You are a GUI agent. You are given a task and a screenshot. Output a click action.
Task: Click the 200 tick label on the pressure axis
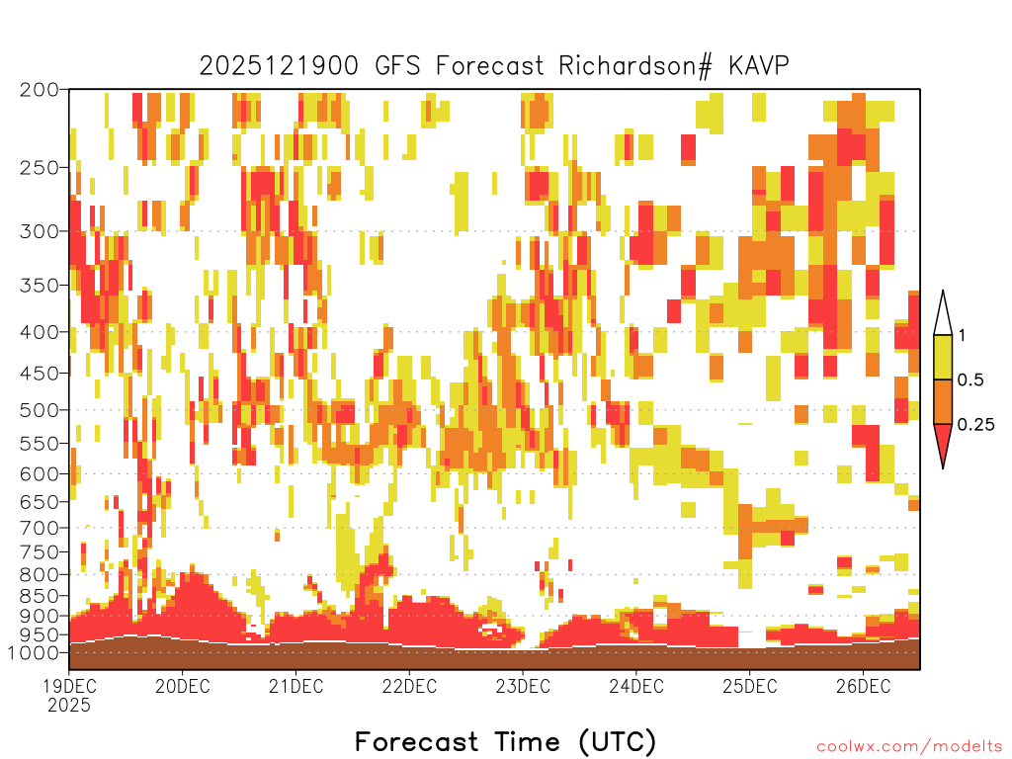click(40, 90)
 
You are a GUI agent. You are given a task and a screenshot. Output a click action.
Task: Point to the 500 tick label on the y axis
click(40, 410)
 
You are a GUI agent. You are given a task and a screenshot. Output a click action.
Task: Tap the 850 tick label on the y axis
click(40, 596)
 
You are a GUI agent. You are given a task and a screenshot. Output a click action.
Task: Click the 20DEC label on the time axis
click(183, 686)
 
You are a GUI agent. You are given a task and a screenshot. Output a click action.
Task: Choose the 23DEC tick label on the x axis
click(523, 686)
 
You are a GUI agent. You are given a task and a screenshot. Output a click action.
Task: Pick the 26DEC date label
click(864, 686)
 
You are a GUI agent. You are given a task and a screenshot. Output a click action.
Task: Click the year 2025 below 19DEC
click(69, 706)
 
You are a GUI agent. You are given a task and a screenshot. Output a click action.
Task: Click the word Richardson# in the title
click(635, 66)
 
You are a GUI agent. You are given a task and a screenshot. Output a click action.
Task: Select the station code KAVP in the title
click(758, 66)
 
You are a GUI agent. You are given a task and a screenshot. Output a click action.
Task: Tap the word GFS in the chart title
click(397, 66)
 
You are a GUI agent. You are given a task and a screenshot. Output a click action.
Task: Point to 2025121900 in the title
click(279, 66)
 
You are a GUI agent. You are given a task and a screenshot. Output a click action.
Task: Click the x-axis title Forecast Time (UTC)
click(505, 741)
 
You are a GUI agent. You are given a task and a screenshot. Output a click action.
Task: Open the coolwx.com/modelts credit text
click(910, 747)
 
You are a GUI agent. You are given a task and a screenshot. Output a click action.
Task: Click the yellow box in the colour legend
click(943, 357)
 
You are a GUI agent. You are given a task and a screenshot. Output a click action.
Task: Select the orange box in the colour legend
click(943, 401)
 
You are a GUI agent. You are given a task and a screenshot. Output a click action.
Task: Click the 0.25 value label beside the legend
click(976, 425)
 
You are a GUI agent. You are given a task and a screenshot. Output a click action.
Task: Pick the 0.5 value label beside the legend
click(970, 379)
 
